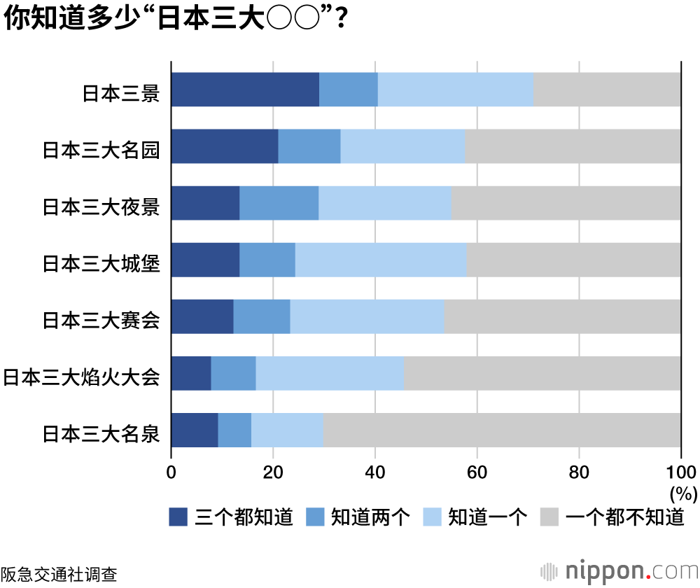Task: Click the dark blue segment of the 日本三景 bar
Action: click(x=245, y=90)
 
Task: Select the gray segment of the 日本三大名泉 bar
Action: click(x=502, y=430)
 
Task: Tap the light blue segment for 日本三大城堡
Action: click(x=381, y=260)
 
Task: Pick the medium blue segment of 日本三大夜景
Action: click(x=279, y=203)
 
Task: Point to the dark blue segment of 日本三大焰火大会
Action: click(x=191, y=373)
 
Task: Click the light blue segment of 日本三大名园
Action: click(x=402, y=146)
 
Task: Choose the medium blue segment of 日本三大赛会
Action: click(x=262, y=316)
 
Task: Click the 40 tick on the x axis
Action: click(x=375, y=471)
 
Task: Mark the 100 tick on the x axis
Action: click(x=681, y=471)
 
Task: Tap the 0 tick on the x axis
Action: click(x=171, y=471)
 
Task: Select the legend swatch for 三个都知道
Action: click(x=178, y=517)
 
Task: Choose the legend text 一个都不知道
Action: click(x=624, y=517)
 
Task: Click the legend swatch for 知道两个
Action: click(x=315, y=517)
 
